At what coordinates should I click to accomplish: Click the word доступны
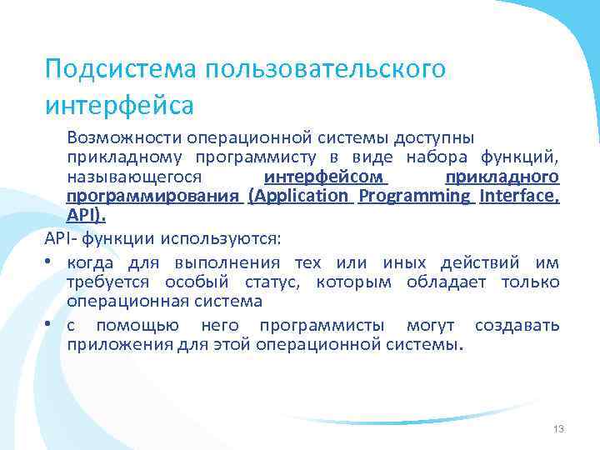click(436, 137)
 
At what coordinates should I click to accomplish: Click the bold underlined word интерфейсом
click(326, 177)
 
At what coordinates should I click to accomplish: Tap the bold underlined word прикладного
click(502, 177)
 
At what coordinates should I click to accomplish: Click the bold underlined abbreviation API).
click(87, 217)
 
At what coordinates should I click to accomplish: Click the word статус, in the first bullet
click(279, 282)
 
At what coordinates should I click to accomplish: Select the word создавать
click(517, 325)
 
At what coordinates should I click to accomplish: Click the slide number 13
click(558, 428)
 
